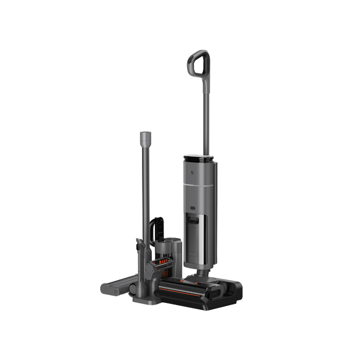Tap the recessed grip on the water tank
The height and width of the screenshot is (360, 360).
click(x=193, y=226)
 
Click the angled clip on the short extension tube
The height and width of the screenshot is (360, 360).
click(x=141, y=242)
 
